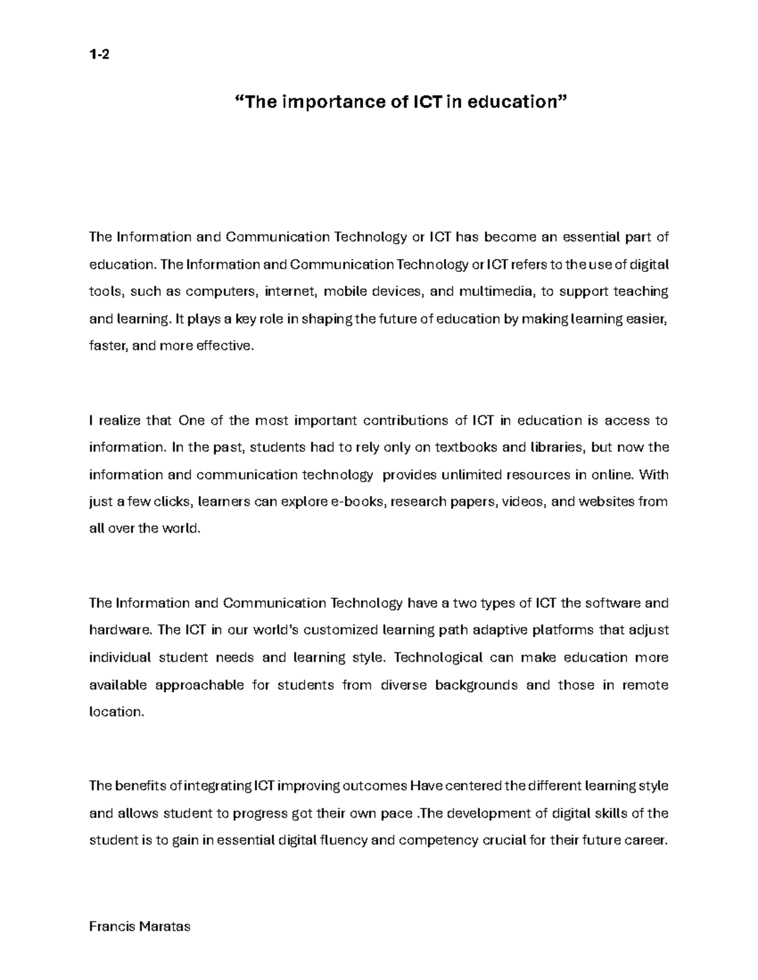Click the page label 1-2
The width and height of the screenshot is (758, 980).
pyautogui.click(x=99, y=55)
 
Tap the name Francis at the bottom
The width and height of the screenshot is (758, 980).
pyautogui.click(x=111, y=927)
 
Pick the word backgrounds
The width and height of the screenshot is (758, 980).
pyautogui.click(x=476, y=685)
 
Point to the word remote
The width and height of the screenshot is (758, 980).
pyautogui.click(x=645, y=685)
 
